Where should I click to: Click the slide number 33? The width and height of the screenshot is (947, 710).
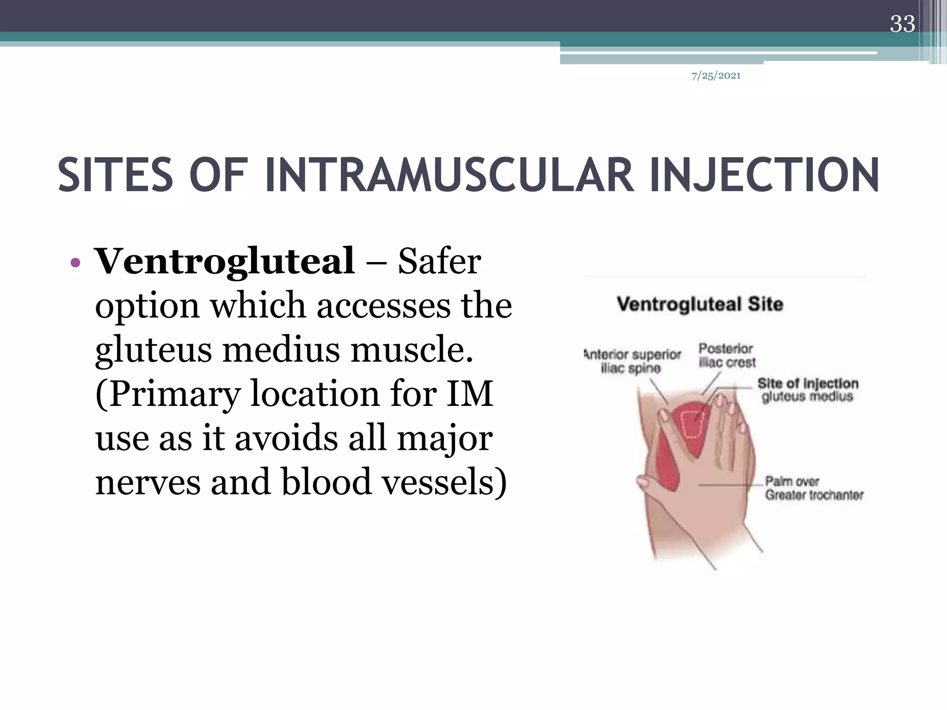(902, 24)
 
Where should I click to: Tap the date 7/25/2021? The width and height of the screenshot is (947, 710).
(716, 76)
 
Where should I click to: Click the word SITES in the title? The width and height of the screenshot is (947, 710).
(115, 176)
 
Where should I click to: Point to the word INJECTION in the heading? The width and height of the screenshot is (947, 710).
(763, 176)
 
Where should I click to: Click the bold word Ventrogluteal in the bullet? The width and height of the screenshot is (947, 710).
(225, 262)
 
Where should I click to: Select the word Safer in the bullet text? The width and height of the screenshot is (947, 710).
(439, 262)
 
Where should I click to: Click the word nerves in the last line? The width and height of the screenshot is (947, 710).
(148, 482)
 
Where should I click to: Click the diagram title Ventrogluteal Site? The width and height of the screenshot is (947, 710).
(700, 305)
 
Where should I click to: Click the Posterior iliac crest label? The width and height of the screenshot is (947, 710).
(726, 355)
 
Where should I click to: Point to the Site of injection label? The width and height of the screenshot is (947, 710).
(807, 390)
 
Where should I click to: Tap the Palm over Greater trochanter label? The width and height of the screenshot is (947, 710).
(814, 488)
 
